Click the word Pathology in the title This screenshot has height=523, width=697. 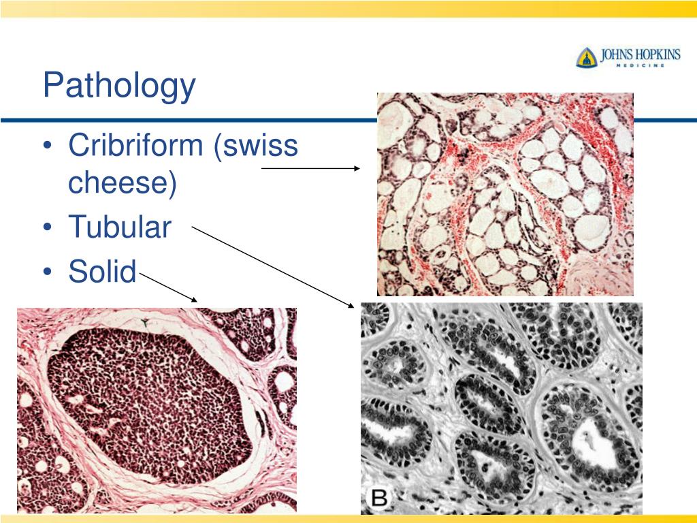coord(119,86)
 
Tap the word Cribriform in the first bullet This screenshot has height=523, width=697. coord(135,146)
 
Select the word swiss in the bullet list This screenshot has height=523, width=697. coord(257,146)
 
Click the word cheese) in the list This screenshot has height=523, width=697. coord(123,183)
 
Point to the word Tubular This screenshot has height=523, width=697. coord(120,227)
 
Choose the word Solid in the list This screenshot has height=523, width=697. coord(102,271)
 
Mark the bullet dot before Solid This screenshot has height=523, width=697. coord(48,272)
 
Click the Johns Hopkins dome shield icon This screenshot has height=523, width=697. coord(586,57)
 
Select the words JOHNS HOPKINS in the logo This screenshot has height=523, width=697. coord(639,54)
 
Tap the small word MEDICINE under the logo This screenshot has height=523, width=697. coord(639,67)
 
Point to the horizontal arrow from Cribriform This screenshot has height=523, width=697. coord(310,168)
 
